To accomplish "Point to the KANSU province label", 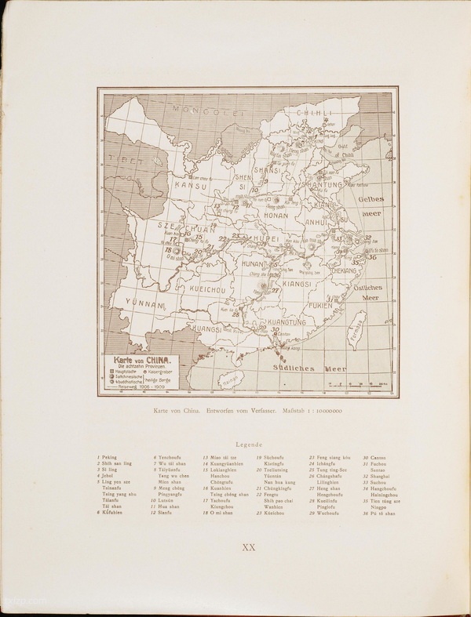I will (191, 186).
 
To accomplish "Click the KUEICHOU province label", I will (209, 289).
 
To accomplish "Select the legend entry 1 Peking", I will (108, 457).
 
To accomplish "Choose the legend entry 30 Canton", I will (374, 457).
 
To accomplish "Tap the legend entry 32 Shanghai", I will (377, 475).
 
